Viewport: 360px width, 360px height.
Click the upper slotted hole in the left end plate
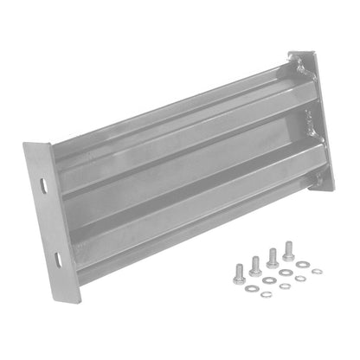coord(44,184)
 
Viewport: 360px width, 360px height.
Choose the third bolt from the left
coord(272,260)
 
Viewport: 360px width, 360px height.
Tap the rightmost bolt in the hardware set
coord(288,254)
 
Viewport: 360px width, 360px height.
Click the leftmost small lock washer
coord(266,293)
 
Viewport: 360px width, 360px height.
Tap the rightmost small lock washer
coord(317,271)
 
